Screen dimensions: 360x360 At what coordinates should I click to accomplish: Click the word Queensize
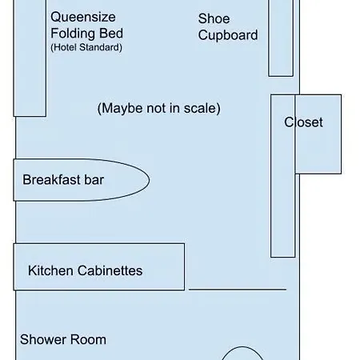coord(83,18)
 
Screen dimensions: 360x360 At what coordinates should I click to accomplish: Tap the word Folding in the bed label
coord(69,34)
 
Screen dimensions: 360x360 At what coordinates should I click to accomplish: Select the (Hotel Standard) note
coord(86,47)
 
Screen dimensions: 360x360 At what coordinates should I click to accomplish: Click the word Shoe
coord(214,18)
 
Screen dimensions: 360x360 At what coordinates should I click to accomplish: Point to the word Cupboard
coord(228,35)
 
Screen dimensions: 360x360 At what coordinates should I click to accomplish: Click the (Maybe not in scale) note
coord(159,108)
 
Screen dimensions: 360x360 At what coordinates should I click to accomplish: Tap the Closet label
coord(303,122)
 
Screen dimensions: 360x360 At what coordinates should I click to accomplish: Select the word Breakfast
coord(51,180)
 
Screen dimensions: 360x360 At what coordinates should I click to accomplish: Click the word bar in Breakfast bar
coord(94,180)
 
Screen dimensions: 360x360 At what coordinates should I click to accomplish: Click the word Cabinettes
coord(110,270)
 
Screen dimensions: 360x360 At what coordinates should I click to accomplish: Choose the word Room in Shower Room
coord(88,339)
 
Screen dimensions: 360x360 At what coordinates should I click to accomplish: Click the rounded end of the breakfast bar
coord(149,180)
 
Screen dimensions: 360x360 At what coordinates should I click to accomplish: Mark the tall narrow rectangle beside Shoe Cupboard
coord(281,38)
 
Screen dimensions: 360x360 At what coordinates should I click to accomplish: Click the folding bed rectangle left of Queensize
coord(30,58)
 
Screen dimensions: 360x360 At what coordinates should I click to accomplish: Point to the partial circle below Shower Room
coord(242,347)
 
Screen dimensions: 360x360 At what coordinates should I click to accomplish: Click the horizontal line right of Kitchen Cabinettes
coord(238,289)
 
